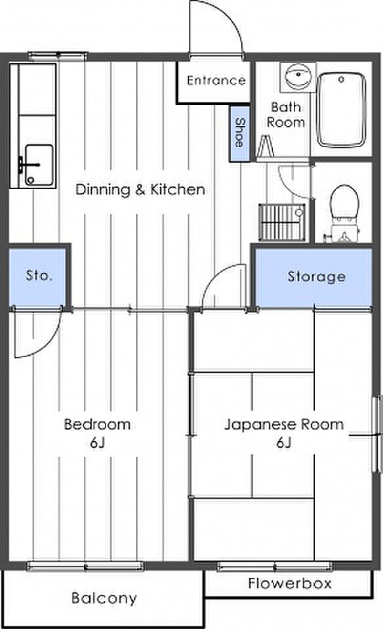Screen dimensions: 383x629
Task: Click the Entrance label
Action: coord(216,80)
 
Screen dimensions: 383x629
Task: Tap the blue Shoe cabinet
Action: coord(239,133)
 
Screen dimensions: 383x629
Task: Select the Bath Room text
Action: coord(286,114)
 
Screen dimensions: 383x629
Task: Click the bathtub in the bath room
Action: coord(341,110)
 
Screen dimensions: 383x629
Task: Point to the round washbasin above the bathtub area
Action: coord(298,76)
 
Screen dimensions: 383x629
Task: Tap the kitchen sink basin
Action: coord(39,164)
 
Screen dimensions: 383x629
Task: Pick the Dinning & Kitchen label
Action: coord(140,189)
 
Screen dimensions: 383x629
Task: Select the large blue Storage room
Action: coord(313,277)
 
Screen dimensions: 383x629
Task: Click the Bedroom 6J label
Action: coord(97,433)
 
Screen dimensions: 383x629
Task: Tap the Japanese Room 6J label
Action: coord(284,433)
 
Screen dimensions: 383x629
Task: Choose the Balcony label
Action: coord(104,597)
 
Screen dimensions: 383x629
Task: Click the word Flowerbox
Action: coord(290,583)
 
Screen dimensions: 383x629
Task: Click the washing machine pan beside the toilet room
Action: coord(281,222)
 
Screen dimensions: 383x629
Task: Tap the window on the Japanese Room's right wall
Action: coord(376,434)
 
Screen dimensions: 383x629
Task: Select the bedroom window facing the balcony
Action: coord(85,566)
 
